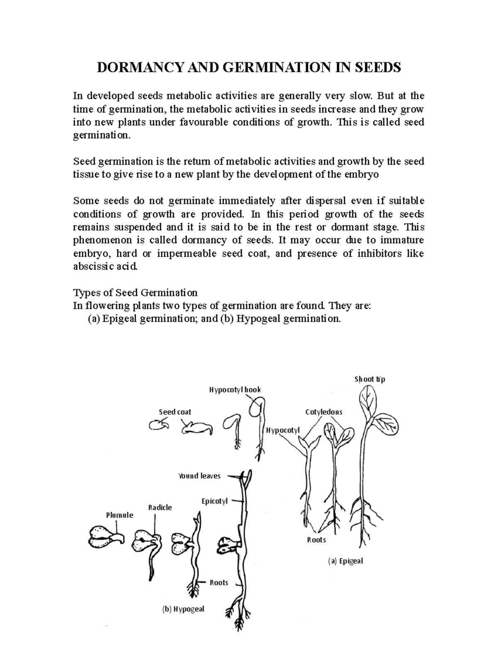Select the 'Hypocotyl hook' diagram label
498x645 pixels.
pyautogui.click(x=235, y=390)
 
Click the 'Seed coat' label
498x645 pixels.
pyautogui.click(x=175, y=412)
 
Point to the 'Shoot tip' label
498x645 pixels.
pyautogui.click(x=370, y=379)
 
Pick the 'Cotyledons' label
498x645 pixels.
pyautogui.click(x=324, y=412)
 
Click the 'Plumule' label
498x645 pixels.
pyautogui.click(x=120, y=515)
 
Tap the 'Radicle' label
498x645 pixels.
pyautogui.click(x=160, y=507)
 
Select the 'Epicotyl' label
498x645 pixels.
pyautogui.click(x=215, y=501)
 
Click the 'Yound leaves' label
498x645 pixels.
pyautogui.click(x=199, y=476)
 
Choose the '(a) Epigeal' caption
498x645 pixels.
pyautogui.click(x=345, y=561)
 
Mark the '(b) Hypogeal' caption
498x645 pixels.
pyautogui.click(x=183, y=609)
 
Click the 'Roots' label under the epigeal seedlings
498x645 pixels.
pyautogui.click(x=316, y=540)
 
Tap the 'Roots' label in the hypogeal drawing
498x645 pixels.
pyautogui.click(x=219, y=583)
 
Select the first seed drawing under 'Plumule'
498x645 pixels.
pyautogui.click(x=102, y=539)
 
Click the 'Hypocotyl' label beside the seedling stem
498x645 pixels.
pyautogui.click(x=283, y=430)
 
